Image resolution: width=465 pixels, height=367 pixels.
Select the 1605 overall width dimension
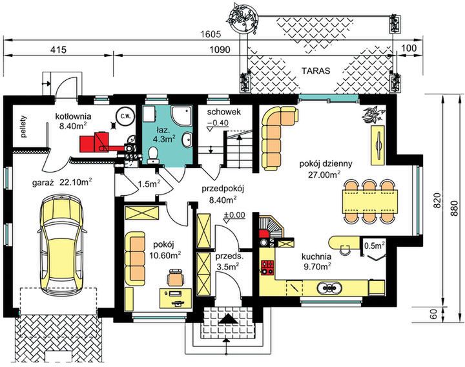click(x=211, y=34)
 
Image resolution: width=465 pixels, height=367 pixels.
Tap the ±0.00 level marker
click(x=234, y=214)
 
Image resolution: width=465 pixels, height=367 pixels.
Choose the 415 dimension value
click(x=59, y=49)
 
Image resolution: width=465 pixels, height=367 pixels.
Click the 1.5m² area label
click(x=149, y=184)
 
